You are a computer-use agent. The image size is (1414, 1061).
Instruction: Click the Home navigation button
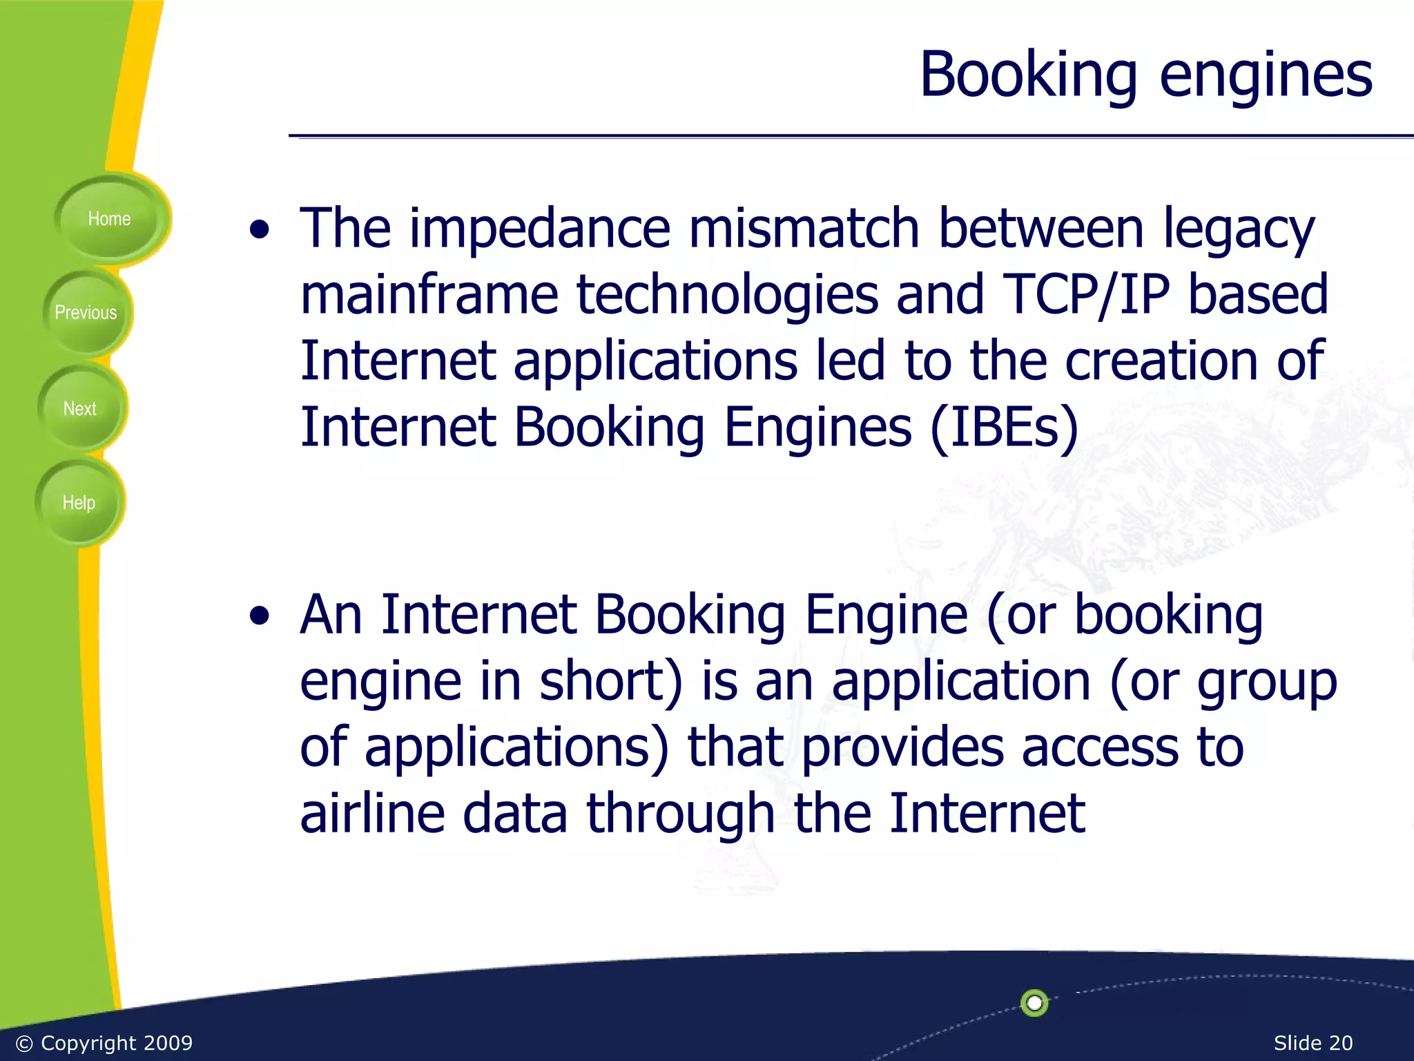pyautogui.click(x=109, y=219)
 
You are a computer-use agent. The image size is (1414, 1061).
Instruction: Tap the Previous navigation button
pyautogui.click(x=86, y=313)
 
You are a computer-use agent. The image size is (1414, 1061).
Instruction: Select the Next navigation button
pyautogui.click(x=80, y=409)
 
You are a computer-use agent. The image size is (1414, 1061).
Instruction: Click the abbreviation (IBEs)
pyautogui.click(x=1005, y=427)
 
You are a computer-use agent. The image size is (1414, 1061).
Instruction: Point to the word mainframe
pyautogui.click(x=429, y=294)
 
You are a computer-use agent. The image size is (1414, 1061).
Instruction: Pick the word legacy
pyautogui.click(x=1239, y=231)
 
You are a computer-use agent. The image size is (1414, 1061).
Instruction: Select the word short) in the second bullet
pyautogui.click(x=611, y=681)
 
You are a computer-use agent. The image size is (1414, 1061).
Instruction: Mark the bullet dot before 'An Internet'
pyautogui.click(x=260, y=617)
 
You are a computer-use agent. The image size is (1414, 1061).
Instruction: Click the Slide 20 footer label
pyautogui.click(x=1313, y=1043)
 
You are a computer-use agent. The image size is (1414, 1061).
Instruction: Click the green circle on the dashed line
pyautogui.click(x=1034, y=1002)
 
